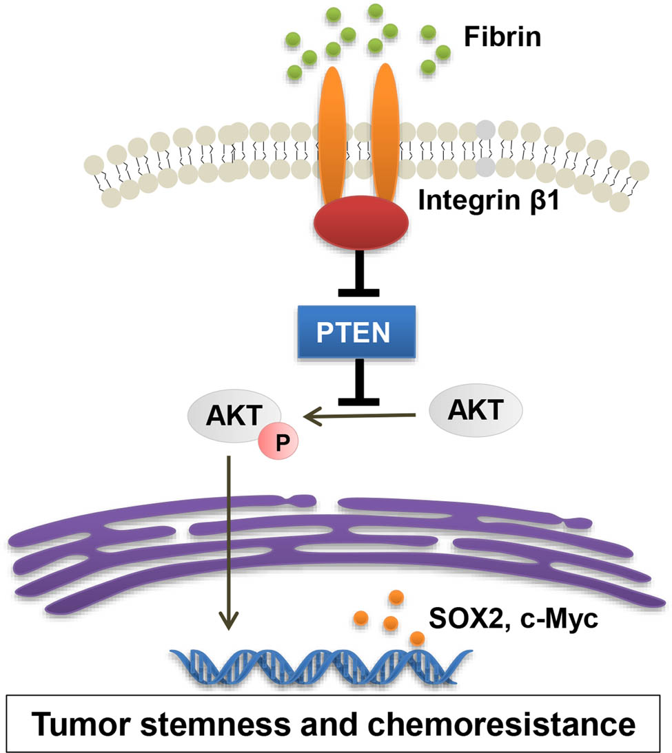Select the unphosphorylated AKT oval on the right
click(476, 410)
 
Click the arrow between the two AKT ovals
click(362, 414)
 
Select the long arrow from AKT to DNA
click(227, 544)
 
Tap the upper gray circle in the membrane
click(487, 129)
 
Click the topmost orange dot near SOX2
click(396, 596)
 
